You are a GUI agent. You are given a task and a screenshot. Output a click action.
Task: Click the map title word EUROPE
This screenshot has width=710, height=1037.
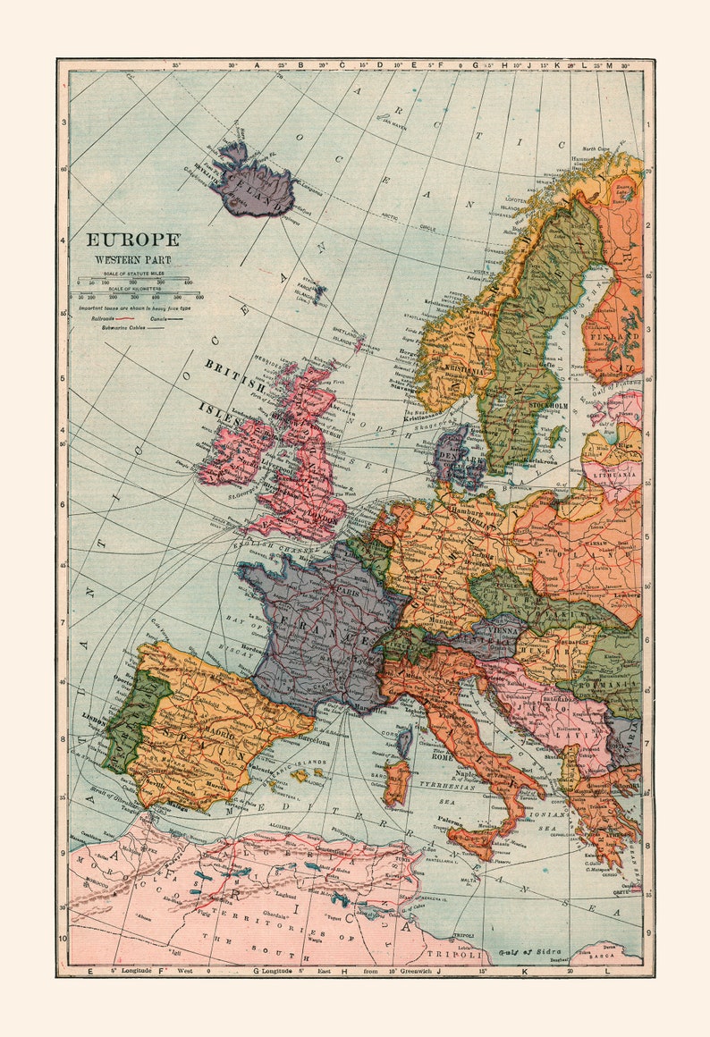(132, 240)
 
